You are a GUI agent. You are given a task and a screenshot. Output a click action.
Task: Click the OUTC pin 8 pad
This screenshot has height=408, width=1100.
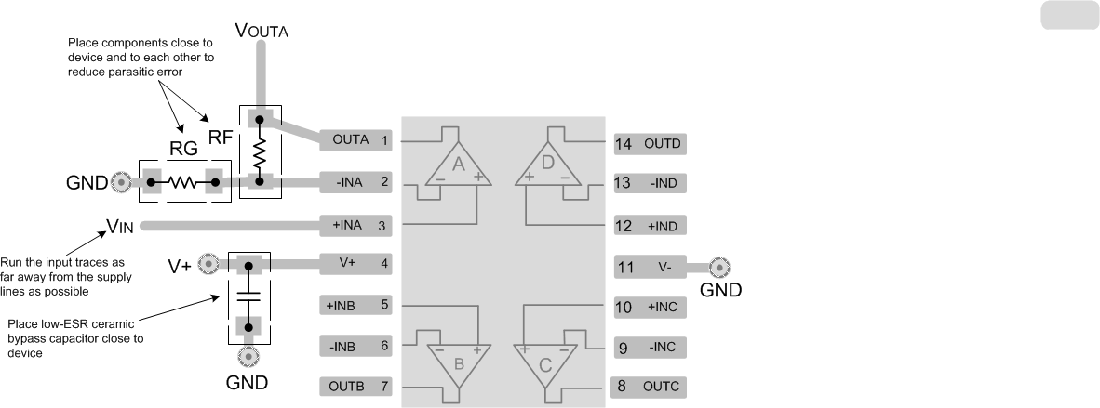coord(649,386)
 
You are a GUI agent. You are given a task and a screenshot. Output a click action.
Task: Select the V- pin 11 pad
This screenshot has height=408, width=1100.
coord(649,267)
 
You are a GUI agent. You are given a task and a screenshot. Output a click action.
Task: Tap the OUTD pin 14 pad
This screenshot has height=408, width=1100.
coord(649,144)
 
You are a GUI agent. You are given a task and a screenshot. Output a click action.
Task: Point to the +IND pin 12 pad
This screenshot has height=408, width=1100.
coord(649,225)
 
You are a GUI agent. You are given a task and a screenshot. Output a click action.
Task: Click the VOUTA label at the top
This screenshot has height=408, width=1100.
coord(262,30)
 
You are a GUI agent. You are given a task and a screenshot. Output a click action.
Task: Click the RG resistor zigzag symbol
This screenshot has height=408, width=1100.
coord(183,182)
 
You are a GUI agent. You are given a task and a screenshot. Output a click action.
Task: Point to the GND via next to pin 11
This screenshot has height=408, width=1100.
coord(718,267)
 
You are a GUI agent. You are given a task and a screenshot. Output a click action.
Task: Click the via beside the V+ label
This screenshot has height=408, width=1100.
coord(210,264)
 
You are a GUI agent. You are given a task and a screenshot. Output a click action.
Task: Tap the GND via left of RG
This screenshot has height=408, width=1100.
coord(119,182)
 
